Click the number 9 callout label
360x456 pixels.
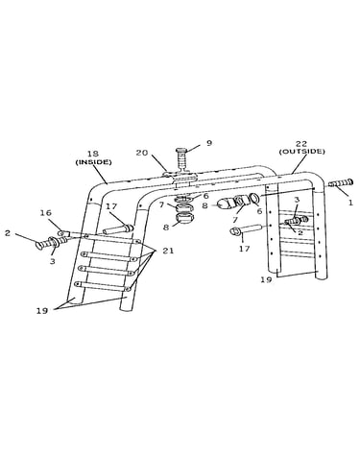209,143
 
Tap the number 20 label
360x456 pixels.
142,153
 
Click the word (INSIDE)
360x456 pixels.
93,162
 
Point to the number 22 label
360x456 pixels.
301,144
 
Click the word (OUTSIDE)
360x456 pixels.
301,152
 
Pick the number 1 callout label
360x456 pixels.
350,203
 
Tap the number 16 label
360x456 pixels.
46,213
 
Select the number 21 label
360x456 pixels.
168,251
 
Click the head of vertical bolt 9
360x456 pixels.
181,150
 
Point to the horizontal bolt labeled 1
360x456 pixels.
341,183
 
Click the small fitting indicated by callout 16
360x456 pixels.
62,232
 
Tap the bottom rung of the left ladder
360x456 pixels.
102,286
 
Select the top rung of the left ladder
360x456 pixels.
112,239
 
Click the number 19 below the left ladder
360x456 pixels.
42,310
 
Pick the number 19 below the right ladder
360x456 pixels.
266,279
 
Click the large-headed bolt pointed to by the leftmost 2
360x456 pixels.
46,244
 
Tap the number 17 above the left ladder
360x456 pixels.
111,206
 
